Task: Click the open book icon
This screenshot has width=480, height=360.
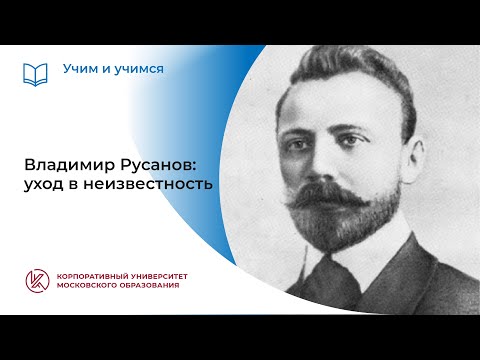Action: [35, 74]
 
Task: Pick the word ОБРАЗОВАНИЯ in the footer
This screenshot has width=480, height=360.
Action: [165, 287]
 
